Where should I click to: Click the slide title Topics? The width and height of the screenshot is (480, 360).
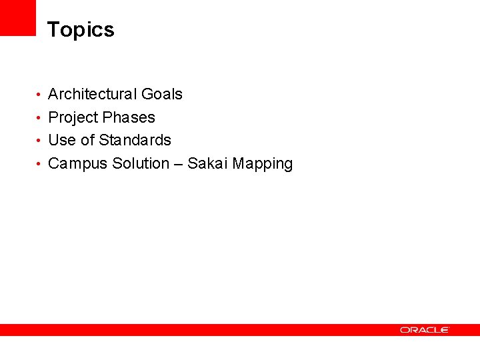click(x=81, y=30)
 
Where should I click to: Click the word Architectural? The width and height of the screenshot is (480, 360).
click(x=92, y=94)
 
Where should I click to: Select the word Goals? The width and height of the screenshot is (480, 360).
click(x=161, y=94)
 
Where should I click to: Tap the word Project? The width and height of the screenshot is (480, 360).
click(x=73, y=118)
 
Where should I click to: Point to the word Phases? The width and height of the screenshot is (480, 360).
click(x=129, y=117)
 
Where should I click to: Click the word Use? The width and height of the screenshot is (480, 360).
click(x=62, y=140)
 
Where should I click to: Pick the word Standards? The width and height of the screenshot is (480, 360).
click(x=135, y=140)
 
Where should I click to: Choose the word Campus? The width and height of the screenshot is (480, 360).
click(x=78, y=163)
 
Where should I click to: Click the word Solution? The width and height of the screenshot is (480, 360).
click(x=141, y=163)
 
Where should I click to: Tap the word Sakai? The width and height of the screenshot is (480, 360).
click(x=207, y=163)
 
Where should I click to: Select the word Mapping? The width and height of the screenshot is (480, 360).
click(x=263, y=164)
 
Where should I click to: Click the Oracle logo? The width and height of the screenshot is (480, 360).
click(x=425, y=329)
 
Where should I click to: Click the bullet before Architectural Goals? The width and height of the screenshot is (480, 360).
click(x=40, y=95)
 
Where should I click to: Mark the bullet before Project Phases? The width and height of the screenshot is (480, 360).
click(x=40, y=118)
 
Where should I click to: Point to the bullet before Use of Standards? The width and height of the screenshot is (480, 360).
click(x=40, y=141)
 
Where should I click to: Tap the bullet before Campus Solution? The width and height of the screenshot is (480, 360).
click(x=40, y=164)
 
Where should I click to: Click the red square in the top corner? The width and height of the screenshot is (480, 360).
click(x=17, y=17)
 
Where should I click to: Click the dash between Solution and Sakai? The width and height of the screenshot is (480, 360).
click(x=178, y=164)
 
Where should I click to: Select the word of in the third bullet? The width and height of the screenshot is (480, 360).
click(x=87, y=140)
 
